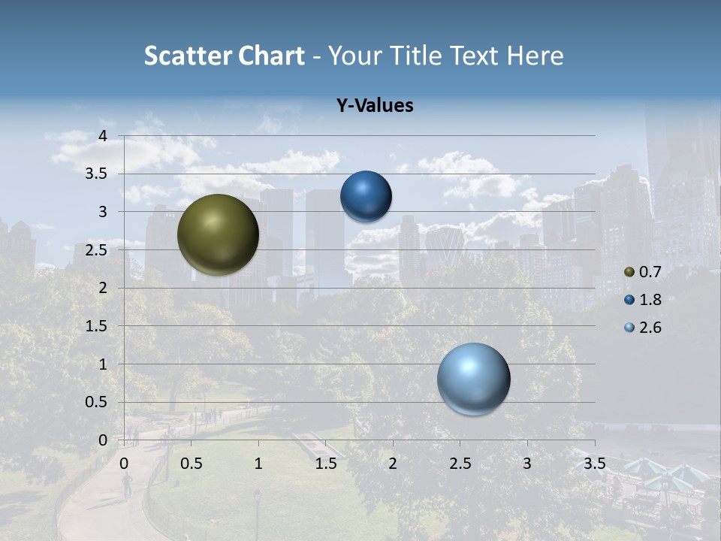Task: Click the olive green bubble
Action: (218, 234)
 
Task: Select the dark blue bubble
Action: (366, 196)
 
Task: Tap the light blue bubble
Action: (473, 379)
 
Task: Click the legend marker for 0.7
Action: (629, 272)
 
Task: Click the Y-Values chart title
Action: (374, 106)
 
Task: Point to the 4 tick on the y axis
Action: (103, 136)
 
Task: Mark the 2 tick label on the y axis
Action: (103, 288)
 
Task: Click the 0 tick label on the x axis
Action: (125, 464)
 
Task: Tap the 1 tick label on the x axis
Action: (258, 464)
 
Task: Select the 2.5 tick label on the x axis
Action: (460, 464)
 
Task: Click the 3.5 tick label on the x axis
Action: (594, 464)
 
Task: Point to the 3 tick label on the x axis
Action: (527, 464)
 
